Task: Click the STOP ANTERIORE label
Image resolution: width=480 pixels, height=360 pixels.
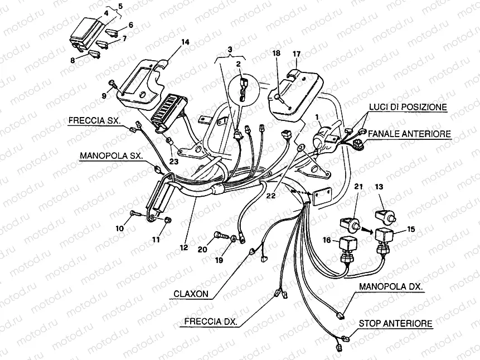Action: tap(395, 323)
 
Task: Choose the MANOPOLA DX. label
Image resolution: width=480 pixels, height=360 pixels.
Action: tap(390, 286)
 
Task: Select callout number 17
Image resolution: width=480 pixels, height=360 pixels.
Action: tap(296, 54)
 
